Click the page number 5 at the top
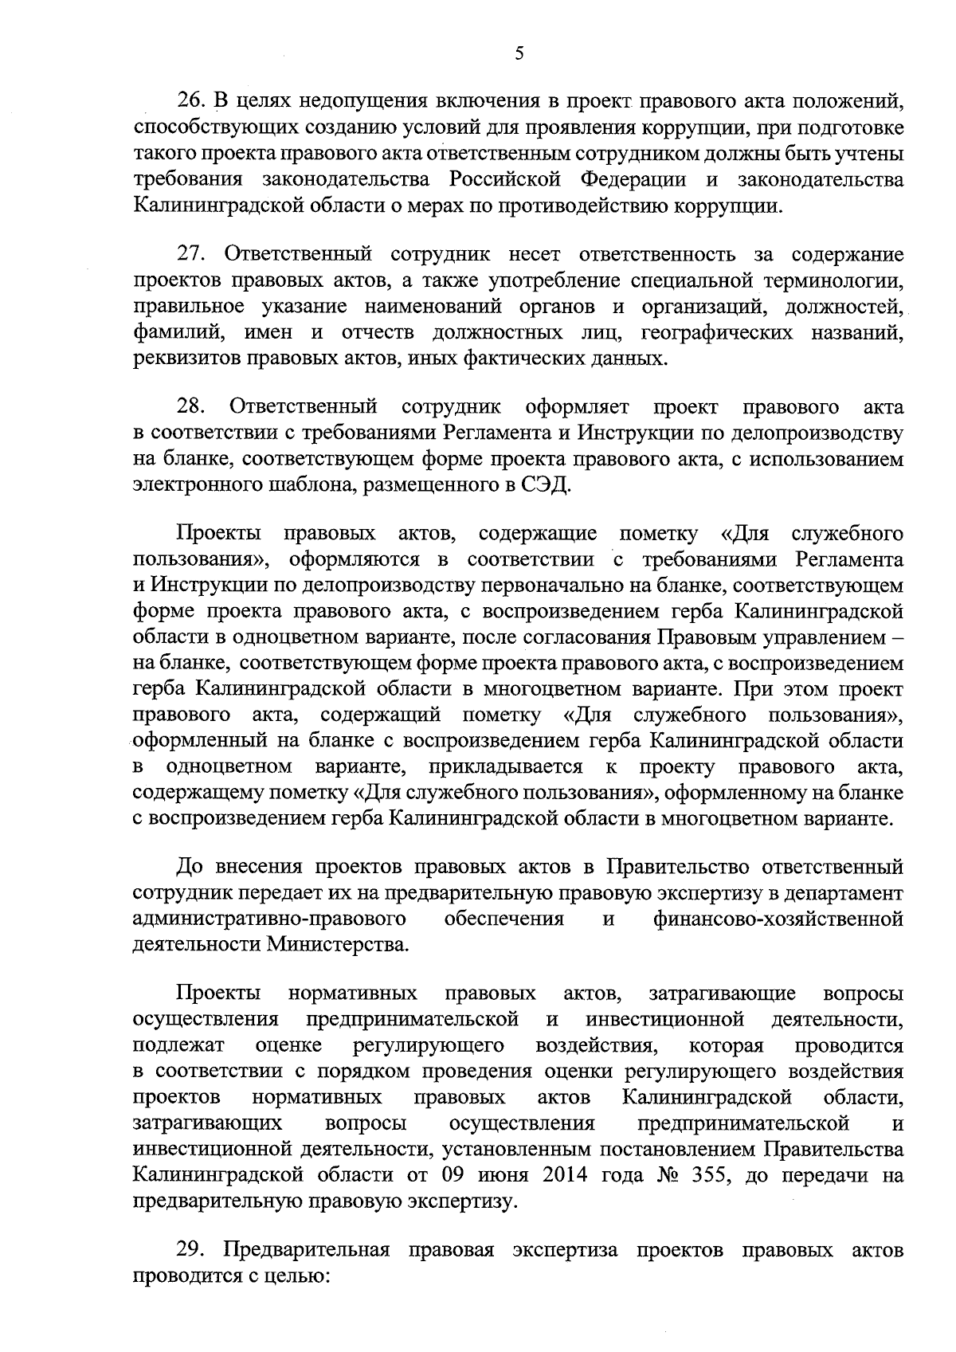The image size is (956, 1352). point(519,54)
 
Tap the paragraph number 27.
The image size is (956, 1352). point(191,255)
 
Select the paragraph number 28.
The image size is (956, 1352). point(191,408)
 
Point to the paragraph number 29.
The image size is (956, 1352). point(191,1250)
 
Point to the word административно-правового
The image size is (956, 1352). point(270,919)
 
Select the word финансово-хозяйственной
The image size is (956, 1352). point(778,919)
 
